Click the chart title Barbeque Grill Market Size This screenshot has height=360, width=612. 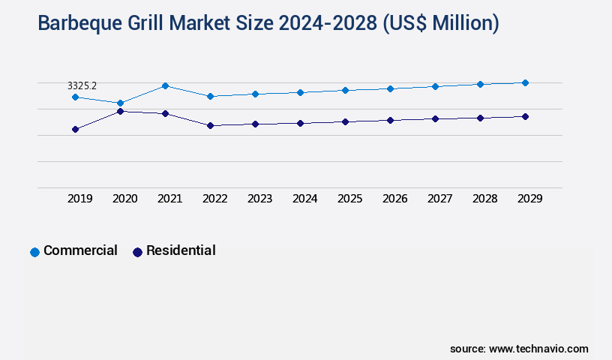coord(268,23)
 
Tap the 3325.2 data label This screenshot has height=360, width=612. coord(82,86)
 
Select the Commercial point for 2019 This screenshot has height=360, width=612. coord(75,97)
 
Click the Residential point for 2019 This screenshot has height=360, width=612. coord(75,129)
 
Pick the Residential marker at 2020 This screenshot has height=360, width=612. coord(120,111)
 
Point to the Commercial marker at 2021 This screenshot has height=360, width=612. coord(165,85)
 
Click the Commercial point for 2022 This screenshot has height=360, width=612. coord(210,96)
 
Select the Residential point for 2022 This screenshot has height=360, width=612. coord(210,125)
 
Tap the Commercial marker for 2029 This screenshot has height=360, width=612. coord(525,82)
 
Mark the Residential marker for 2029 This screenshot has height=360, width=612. coord(525,116)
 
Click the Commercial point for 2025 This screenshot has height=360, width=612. coord(345,90)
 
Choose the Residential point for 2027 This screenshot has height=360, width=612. coord(435,118)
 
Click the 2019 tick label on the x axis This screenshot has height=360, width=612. coord(80,199)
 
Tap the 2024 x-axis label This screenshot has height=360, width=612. coord(305,199)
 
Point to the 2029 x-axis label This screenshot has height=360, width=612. coord(530,199)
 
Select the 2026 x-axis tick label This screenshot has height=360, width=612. coord(395,199)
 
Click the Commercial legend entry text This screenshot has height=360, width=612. coord(80,250)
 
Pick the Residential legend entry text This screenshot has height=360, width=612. coord(181,250)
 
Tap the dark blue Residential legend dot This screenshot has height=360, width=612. coord(137,252)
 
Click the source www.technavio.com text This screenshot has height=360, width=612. coord(519,349)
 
